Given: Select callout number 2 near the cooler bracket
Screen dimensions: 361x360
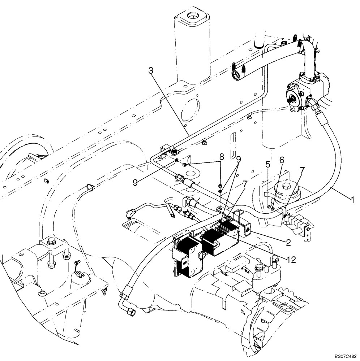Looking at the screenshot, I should pyautogui.click(x=288, y=243).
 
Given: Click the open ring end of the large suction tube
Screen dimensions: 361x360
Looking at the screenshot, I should pyautogui.click(x=236, y=75).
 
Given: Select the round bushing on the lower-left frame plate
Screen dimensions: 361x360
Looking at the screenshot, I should pyautogui.click(x=42, y=292).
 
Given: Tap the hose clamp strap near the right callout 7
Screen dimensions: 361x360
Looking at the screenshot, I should pyautogui.click(x=284, y=211).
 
